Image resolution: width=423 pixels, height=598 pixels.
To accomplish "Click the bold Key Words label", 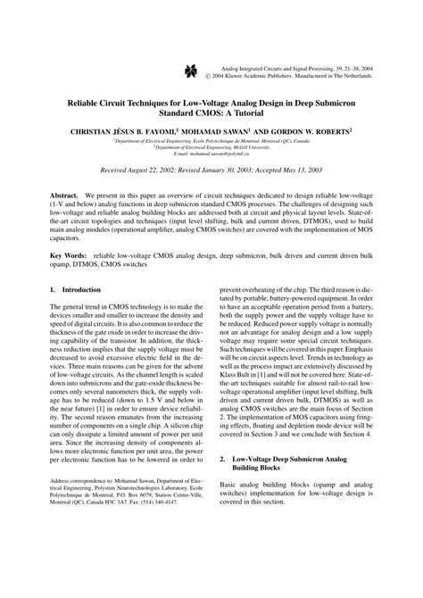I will click(x=68, y=255).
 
